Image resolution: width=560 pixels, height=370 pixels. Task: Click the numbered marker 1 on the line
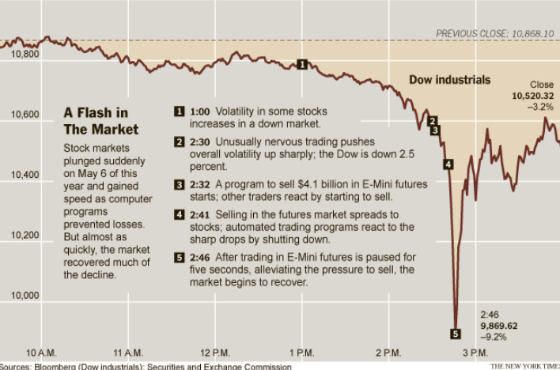point(301,64)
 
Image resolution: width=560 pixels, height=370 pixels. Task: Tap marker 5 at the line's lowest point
point(455,333)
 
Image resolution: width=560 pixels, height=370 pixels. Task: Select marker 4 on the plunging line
point(448,164)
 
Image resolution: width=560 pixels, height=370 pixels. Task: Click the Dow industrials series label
point(449,80)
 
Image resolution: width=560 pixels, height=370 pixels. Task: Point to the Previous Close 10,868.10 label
point(495,34)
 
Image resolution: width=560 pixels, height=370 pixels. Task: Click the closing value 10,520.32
point(533,96)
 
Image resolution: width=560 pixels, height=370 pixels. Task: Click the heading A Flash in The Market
point(100,121)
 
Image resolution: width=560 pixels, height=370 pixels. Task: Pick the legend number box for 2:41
point(180,214)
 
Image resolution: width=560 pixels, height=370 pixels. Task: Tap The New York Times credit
point(524,366)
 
